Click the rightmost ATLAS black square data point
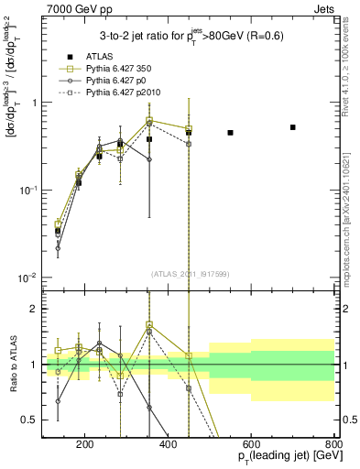[292, 127]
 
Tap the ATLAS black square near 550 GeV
[230, 133]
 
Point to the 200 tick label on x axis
[85, 446]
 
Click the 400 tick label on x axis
[168, 446]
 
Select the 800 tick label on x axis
[333, 446]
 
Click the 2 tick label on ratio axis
[33, 310]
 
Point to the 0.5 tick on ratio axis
[29, 420]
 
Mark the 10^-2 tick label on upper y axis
[27, 278]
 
